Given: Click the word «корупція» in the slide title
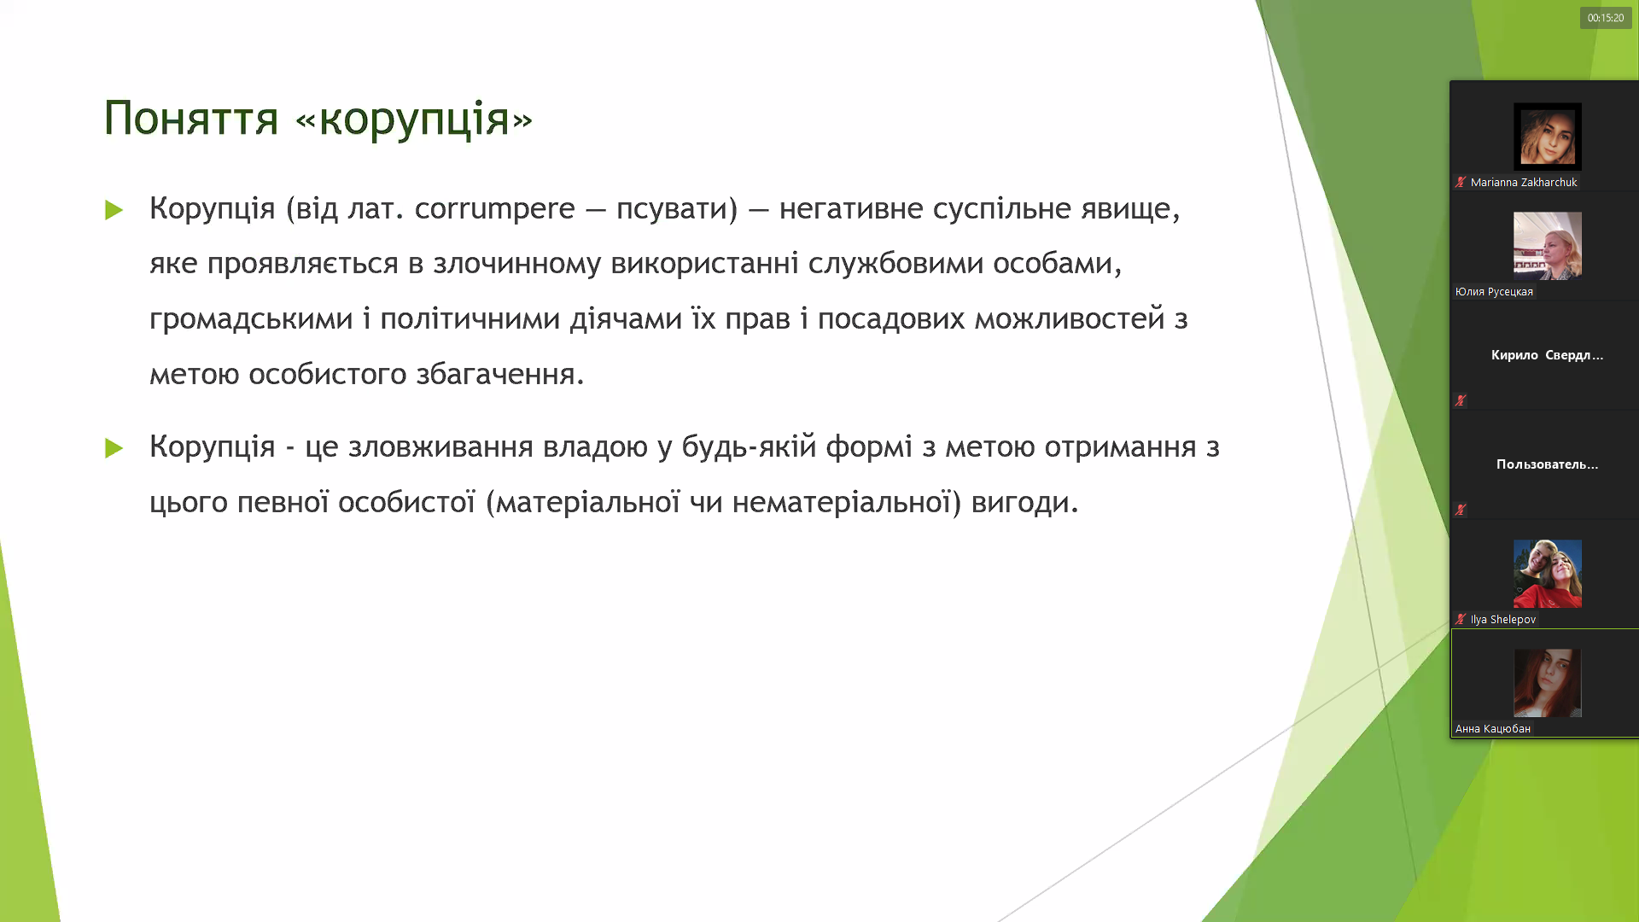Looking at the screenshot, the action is tap(414, 119).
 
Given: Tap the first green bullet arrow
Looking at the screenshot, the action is tap(114, 210).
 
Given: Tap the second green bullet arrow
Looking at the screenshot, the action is tap(114, 448).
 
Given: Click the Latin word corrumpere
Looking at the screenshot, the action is tap(495, 208).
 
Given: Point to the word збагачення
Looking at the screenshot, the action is tap(500, 374).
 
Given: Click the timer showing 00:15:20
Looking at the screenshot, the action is tap(1606, 18).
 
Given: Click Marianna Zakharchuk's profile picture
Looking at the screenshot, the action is tap(1548, 137).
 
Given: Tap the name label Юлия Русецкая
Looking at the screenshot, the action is tap(1494, 292).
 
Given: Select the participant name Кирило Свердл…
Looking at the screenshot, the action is tap(1547, 355).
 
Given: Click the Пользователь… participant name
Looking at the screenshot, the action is tap(1547, 464).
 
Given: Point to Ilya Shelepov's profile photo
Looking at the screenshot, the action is tap(1548, 574).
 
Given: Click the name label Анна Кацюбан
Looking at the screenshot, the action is tap(1493, 729).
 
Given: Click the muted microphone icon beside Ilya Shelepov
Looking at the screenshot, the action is tap(1461, 620).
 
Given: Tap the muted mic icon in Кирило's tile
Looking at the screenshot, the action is tap(1461, 400).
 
